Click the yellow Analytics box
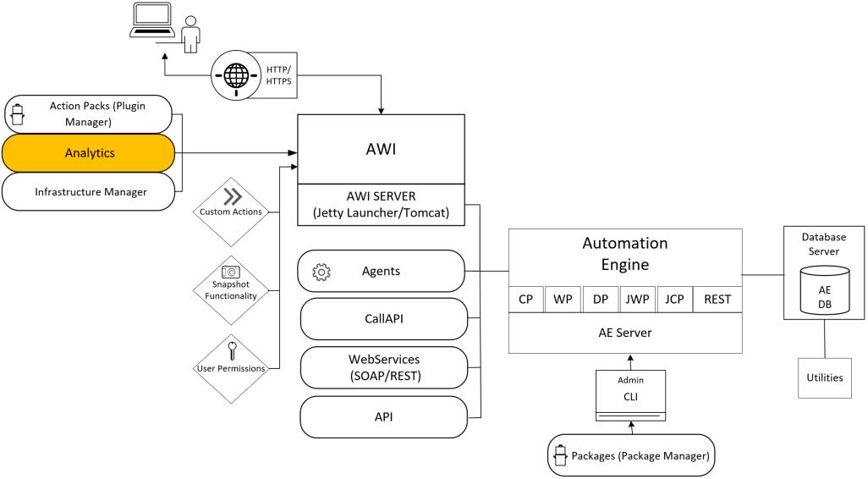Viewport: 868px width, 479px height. [x=89, y=153]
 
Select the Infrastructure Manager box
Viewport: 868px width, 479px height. [x=89, y=192]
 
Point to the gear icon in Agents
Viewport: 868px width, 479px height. [x=321, y=273]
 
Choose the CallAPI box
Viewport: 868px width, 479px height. [x=383, y=319]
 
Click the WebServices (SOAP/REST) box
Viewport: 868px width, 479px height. [x=383, y=367]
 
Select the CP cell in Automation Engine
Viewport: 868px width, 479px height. [x=525, y=300]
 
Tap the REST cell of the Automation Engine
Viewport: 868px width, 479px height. [x=716, y=300]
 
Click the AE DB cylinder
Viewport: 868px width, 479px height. [x=825, y=289]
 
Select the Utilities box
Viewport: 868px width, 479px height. [x=824, y=377]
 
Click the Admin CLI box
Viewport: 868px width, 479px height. [x=630, y=394]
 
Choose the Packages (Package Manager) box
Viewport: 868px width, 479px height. [x=631, y=456]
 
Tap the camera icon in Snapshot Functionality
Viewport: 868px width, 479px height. [x=230, y=273]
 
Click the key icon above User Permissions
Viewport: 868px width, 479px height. [x=231, y=348]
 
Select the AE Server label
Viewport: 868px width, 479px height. [x=624, y=333]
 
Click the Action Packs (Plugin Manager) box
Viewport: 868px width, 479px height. [x=89, y=114]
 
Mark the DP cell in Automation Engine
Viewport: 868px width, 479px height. [x=600, y=300]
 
